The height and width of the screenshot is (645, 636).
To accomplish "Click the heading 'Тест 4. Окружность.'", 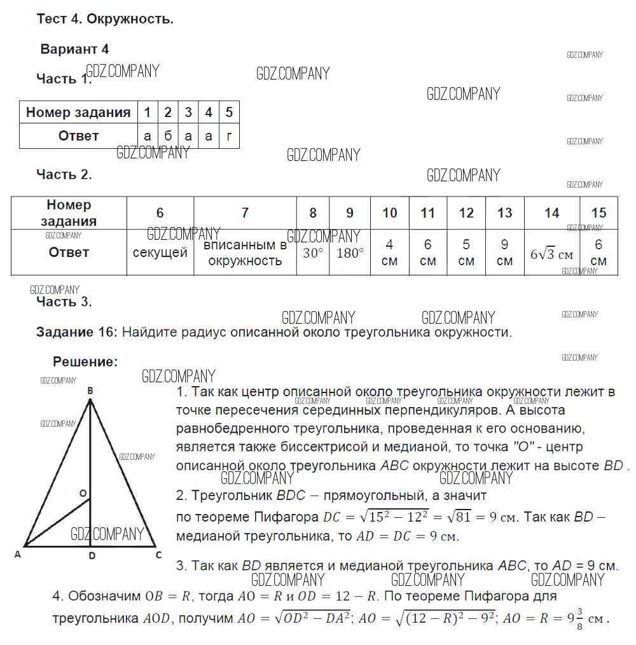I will pos(105,19).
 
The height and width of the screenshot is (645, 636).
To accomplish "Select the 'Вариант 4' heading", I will pos(74,49).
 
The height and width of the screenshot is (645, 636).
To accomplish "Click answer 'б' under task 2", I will pos(168,135).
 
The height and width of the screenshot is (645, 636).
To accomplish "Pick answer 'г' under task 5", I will pos(229,135).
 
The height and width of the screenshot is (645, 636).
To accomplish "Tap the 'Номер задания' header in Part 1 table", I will pos(78,113).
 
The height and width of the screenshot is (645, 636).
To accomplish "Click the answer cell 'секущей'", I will pos(160,253).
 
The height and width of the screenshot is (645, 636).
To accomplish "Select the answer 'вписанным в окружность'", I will pos(245,253).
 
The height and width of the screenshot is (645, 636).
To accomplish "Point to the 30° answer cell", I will pos(313,253).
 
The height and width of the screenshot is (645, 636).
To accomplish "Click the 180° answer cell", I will pos(350,253).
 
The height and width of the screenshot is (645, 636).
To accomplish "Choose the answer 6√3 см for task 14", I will pos(551,254).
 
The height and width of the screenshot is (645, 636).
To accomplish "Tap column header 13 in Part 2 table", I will pos(504,213).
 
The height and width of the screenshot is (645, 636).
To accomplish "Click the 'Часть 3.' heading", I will pos(64,302).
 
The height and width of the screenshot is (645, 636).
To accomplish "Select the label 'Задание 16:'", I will pos(77,332).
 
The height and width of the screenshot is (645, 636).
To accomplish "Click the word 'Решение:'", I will pos(85,362).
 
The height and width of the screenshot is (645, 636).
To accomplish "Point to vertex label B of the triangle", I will pos(90,391).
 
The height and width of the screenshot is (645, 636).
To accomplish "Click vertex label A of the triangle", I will pos(18,555).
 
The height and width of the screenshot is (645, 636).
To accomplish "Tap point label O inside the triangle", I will pos(83,493).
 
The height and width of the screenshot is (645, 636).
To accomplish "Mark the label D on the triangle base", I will pos(92,556).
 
